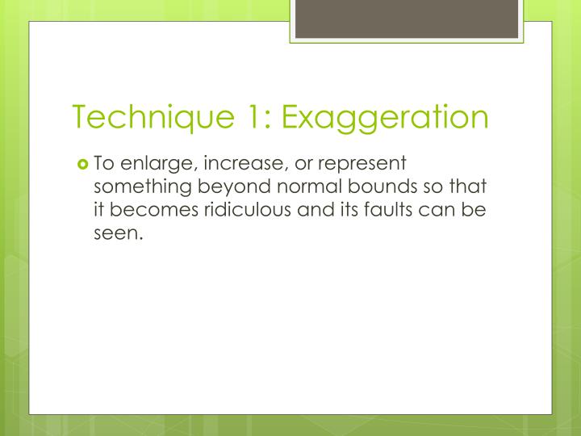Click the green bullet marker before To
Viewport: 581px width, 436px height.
[x=82, y=163]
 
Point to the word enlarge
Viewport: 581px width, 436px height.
[x=156, y=164]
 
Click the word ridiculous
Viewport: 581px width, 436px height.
[x=235, y=212]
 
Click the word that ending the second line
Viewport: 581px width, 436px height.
[x=467, y=187]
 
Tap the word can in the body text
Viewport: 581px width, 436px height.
[x=443, y=212]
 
